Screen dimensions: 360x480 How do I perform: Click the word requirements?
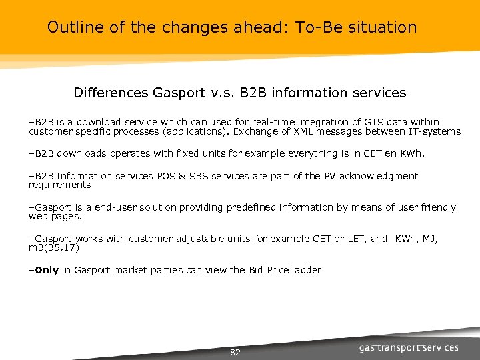tap(59, 185)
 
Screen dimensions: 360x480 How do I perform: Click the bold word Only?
tap(46, 270)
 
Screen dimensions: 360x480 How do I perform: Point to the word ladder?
tap(308, 270)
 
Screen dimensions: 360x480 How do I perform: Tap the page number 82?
tap(235, 352)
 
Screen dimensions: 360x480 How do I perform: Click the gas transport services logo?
tap(409, 347)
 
